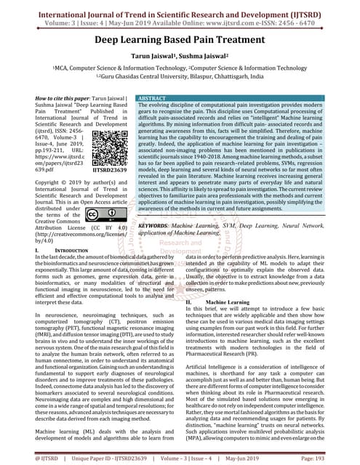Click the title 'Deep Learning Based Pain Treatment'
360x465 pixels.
(180, 42)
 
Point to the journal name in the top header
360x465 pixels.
(180, 8)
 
